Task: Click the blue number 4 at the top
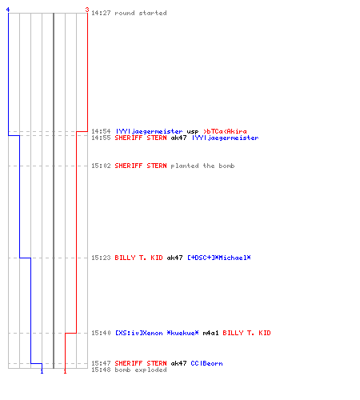8,10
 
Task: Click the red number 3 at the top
87,10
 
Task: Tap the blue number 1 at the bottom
42,371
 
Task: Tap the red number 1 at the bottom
65,371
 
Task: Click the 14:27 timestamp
101,13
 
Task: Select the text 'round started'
141,13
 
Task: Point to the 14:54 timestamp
101,131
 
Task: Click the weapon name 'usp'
193,131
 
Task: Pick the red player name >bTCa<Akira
225,131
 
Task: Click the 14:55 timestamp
101,138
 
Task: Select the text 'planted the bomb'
202,166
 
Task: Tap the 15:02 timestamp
101,166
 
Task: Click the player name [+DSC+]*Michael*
219,258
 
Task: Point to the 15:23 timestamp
101,258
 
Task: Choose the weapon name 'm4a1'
210,333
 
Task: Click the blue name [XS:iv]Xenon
139,333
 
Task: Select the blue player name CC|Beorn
206,363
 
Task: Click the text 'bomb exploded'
141,370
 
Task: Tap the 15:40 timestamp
101,333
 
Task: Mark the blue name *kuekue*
182,333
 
